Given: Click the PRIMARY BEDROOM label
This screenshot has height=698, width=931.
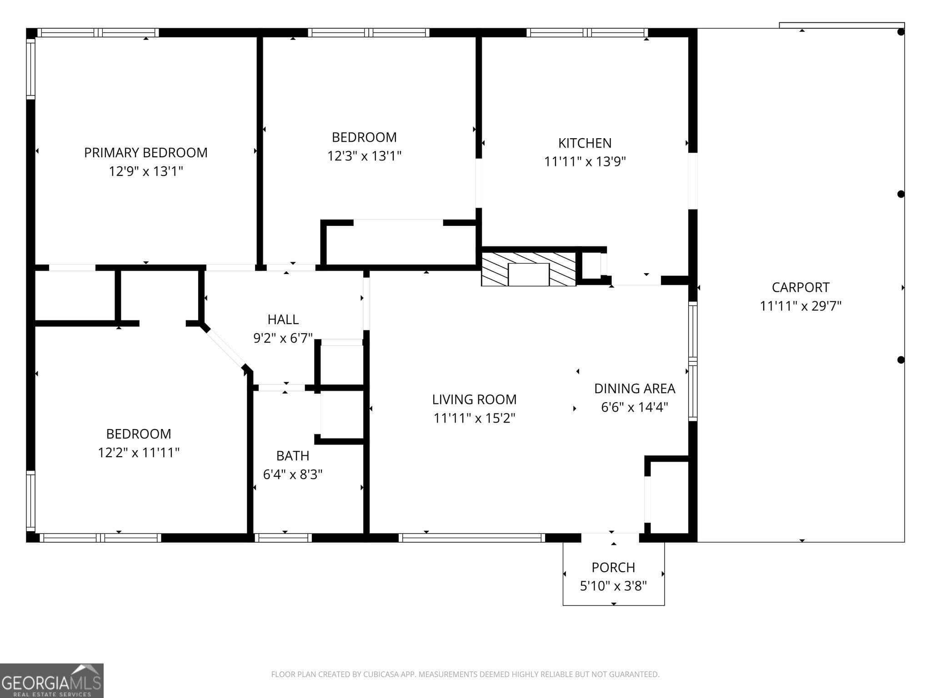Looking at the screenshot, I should click(x=145, y=153).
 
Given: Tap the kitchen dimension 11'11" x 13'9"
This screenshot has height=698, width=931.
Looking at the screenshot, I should click(x=585, y=162).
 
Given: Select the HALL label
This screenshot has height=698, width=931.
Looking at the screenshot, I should click(x=283, y=319).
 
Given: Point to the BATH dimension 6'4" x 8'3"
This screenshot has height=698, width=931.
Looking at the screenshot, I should click(x=293, y=474).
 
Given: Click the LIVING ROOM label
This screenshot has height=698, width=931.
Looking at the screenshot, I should click(x=474, y=399).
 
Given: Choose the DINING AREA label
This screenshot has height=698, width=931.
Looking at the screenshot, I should click(x=635, y=389).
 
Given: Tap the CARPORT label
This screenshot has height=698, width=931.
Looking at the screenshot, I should click(x=801, y=287).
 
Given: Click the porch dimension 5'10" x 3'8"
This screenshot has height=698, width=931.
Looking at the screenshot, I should click(x=613, y=586).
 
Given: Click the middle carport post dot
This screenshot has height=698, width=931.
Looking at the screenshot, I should click(x=901, y=194).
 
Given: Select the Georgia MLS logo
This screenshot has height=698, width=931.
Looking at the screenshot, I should click(x=51, y=681).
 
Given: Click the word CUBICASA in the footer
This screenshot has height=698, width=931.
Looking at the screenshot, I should click(x=380, y=674).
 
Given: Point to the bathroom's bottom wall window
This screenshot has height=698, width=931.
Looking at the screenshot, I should click(x=283, y=538).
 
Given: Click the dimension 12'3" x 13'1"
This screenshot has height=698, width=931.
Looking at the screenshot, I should click(x=364, y=156).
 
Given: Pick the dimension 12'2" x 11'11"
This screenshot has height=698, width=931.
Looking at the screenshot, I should click(x=139, y=453).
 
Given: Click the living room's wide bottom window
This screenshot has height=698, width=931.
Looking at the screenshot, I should click(x=471, y=538).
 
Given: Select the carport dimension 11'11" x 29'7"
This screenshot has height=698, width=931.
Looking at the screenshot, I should click(x=801, y=306).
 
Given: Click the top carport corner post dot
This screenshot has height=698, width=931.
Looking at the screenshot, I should click(x=901, y=32).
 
